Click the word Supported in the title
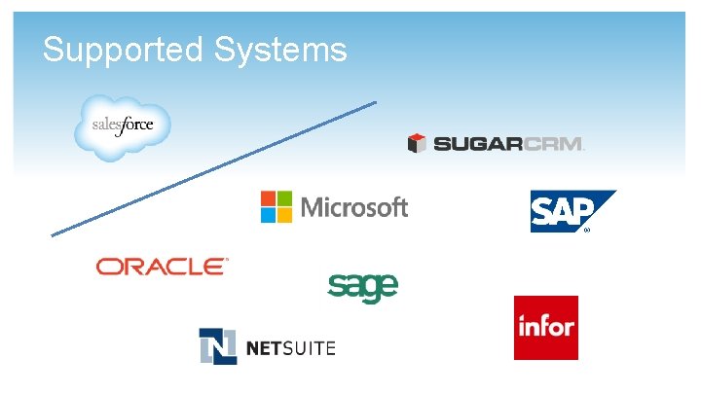tap(121, 50)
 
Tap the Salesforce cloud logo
tap(123, 126)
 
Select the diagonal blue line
tap(213, 168)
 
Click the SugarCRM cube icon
tap(418, 144)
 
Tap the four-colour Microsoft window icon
tap(277, 206)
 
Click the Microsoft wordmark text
tap(354, 207)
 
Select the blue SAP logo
tap(570, 210)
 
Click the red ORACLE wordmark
tap(162, 266)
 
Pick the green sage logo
tap(362, 287)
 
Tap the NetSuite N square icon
tap(217, 346)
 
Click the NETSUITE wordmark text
tap(290, 347)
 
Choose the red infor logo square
tap(545, 328)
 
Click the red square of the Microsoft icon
tap(269, 198)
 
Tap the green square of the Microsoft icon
tap(284, 198)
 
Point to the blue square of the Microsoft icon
tap(269, 214)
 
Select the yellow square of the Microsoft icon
tap(284, 214)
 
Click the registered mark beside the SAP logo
tap(587, 232)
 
